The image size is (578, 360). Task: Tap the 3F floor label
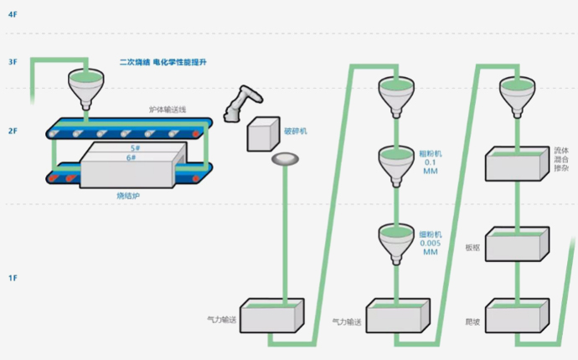[12, 62]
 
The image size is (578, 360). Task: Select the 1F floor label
[12, 277]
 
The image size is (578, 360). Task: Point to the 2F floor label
[12, 131]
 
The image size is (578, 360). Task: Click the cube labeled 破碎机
[263, 132]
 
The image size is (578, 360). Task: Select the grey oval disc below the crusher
[286, 159]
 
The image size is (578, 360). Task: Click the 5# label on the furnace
[132, 148]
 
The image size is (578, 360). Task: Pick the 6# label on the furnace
[132, 157]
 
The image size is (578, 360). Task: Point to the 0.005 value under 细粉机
[430, 244]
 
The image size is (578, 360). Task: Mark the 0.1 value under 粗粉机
[430, 162]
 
